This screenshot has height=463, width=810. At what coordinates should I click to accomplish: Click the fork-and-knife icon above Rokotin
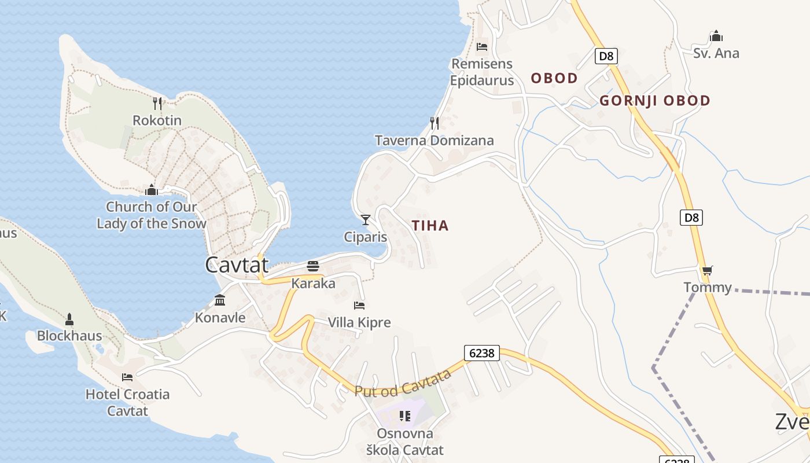(x=157, y=104)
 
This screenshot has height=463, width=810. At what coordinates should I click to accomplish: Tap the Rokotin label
(x=157, y=120)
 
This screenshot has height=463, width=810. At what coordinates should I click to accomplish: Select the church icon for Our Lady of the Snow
(x=152, y=190)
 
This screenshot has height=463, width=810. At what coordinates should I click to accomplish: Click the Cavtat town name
(x=237, y=265)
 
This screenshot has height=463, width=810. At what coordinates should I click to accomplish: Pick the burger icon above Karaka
(x=313, y=266)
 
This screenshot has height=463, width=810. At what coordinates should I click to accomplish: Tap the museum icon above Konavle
(x=220, y=300)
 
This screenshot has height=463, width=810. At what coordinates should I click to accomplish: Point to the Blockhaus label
(x=69, y=336)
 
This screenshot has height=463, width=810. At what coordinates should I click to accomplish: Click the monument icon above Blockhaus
(x=69, y=319)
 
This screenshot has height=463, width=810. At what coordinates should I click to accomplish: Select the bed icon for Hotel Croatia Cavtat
(x=127, y=377)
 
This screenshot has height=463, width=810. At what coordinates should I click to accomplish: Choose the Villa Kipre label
(x=359, y=322)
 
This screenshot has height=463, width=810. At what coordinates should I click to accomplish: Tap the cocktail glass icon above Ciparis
(x=365, y=220)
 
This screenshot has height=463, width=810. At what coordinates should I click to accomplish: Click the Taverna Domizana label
(x=434, y=141)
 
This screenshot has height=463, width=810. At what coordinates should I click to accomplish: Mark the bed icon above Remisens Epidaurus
(x=482, y=46)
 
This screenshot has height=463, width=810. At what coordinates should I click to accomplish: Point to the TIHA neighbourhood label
(x=430, y=226)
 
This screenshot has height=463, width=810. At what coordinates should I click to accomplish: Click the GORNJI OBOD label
(x=654, y=101)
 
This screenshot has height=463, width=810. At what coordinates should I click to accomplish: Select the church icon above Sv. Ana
(x=716, y=36)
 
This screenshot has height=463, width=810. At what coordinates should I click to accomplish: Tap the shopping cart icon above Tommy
(x=707, y=270)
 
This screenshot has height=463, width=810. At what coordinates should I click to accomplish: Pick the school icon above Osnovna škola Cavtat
(x=405, y=416)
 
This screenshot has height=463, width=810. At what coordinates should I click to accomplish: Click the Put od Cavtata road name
(x=403, y=383)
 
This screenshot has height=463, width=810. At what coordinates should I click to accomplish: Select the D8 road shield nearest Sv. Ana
(x=606, y=56)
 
